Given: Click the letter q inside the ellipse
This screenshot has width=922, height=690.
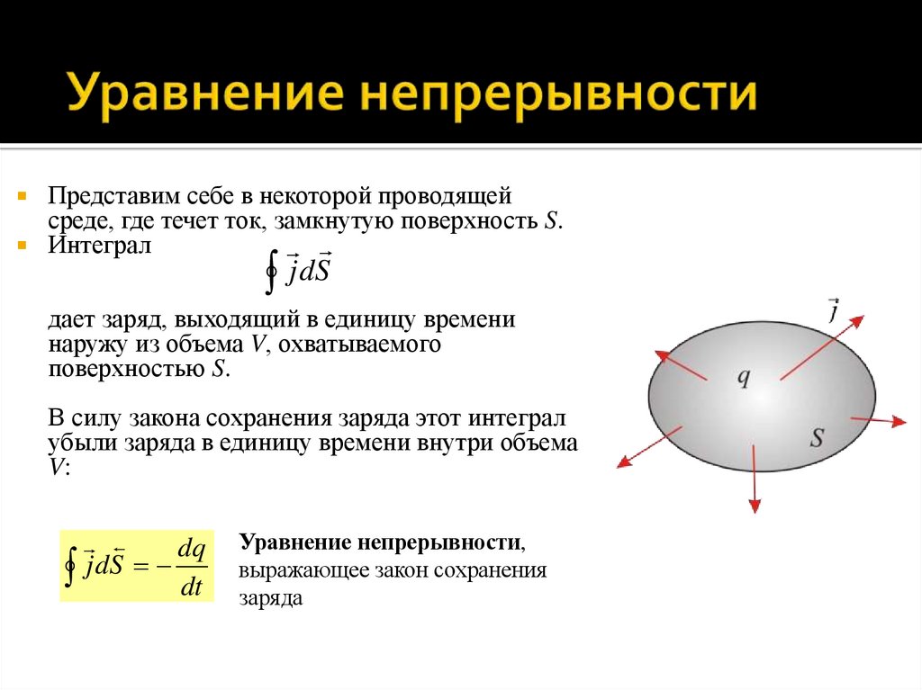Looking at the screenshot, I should coord(744,377).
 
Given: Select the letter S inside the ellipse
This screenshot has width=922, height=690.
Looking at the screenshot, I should coord(817,438).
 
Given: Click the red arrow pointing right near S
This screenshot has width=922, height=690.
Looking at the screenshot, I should coord(877,420).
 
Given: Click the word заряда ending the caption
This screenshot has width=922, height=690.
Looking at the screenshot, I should coord(270,597).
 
